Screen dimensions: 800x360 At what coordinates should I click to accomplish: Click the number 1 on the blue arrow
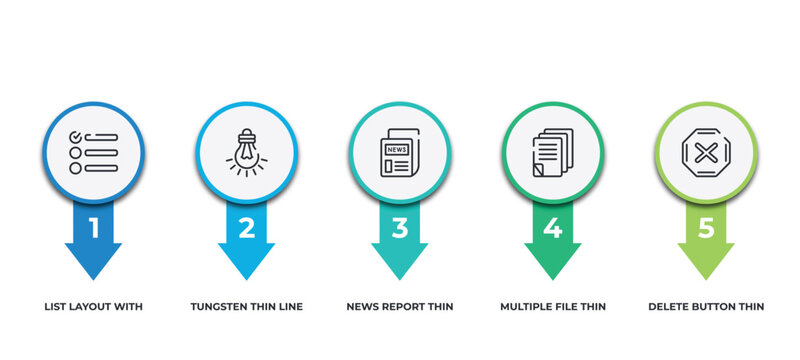[x=94, y=228]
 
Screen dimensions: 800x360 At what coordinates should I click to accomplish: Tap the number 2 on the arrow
[x=247, y=228]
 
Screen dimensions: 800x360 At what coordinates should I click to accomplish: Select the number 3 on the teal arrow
[x=400, y=228]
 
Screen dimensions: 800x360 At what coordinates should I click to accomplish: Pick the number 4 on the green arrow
[x=553, y=228]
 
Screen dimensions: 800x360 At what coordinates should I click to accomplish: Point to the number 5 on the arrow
[x=706, y=228]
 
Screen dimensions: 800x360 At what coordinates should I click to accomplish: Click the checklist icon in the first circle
[x=94, y=152]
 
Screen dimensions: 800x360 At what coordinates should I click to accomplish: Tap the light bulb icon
[x=247, y=152]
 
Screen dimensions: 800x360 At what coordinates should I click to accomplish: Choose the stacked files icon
[x=553, y=153]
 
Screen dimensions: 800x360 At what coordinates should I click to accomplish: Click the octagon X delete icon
[x=706, y=152]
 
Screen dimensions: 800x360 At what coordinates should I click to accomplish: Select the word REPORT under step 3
[x=406, y=306]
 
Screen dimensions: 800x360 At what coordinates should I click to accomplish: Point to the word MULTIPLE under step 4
[x=527, y=306]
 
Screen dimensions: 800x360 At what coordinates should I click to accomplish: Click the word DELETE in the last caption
[x=669, y=306]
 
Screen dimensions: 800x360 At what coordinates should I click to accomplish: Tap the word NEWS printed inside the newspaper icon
[x=397, y=149]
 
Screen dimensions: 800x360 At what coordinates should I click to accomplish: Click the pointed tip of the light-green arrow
[x=706, y=277]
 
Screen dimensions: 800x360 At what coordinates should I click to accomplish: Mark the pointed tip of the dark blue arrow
[x=94, y=277]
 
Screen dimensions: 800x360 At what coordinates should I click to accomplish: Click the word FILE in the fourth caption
[x=571, y=306]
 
